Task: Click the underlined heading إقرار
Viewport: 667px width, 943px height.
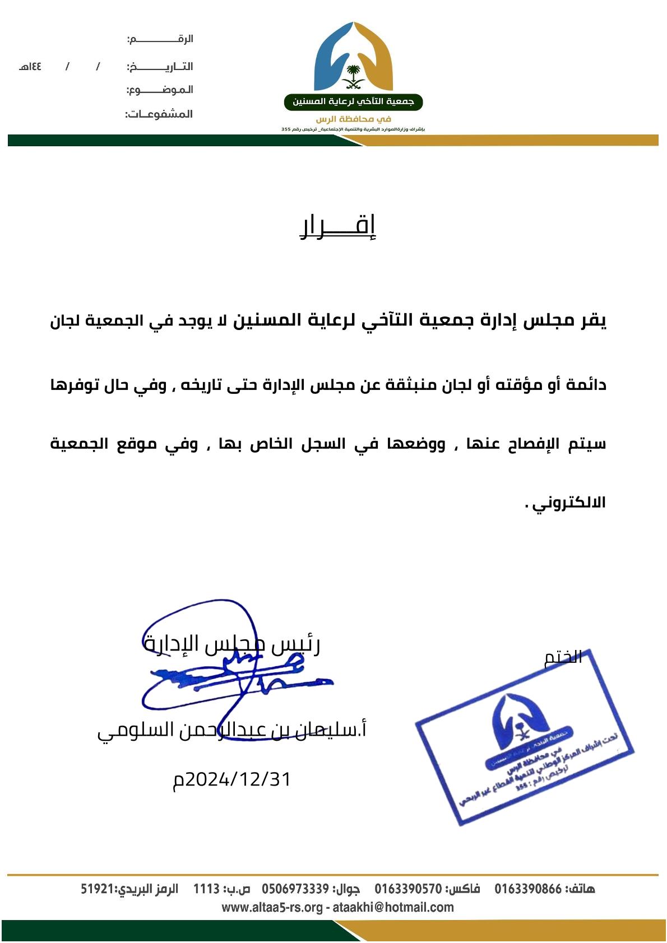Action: (339, 227)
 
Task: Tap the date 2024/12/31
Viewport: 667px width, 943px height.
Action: (233, 779)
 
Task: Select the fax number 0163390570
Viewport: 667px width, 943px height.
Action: (408, 889)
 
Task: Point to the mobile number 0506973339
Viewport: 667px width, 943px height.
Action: (295, 889)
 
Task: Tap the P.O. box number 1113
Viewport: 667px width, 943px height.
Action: (206, 889)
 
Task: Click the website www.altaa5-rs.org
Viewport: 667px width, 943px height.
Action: (272, 907)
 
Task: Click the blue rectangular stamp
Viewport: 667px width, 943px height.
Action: (524, 741)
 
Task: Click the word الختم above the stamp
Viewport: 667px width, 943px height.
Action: (563, 657)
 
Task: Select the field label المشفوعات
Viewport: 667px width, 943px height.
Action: (159, 114)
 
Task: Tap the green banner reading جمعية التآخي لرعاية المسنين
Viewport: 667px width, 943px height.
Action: (353, 103)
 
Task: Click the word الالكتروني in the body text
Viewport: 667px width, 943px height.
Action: (569, 503)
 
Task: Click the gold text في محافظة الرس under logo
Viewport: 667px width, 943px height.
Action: (353, 119)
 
